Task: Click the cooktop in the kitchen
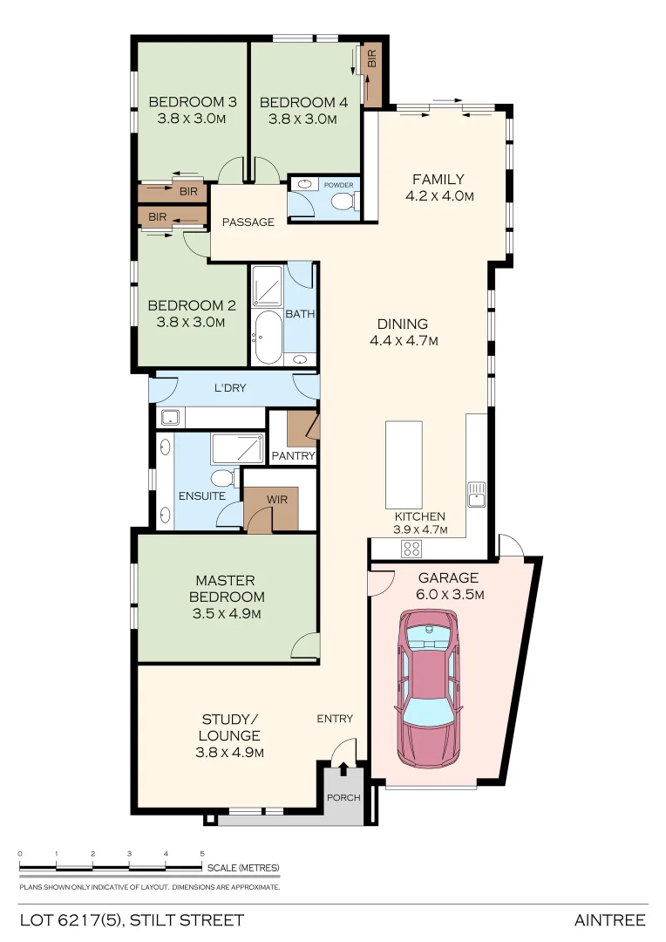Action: click(411, 549)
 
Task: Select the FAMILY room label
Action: click(438, 180)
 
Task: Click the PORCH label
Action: click(343, 797)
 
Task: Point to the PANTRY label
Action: click(293, 456)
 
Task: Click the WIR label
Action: click(277, 500)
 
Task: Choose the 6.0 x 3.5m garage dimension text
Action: click(448, 595)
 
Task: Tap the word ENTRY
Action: click(335, 719)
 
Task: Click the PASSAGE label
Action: click(248, 222)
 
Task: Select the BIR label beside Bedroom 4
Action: click(372, 59)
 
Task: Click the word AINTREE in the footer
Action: click(609, 920)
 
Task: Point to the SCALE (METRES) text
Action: click(243, 868)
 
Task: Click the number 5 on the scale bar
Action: click(202, 854)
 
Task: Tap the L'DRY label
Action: click(229, 387)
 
